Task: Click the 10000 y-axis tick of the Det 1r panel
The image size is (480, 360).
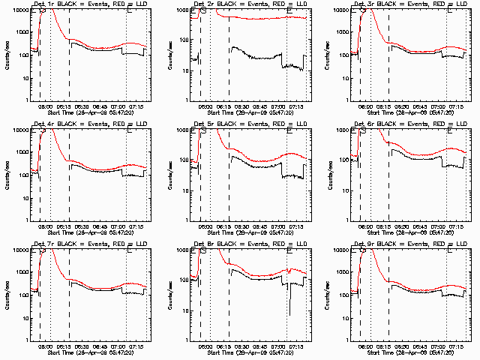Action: (19, 10)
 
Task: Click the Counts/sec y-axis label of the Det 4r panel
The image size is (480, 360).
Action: (7, 175)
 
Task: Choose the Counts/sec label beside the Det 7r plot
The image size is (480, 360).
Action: (7, 295)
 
